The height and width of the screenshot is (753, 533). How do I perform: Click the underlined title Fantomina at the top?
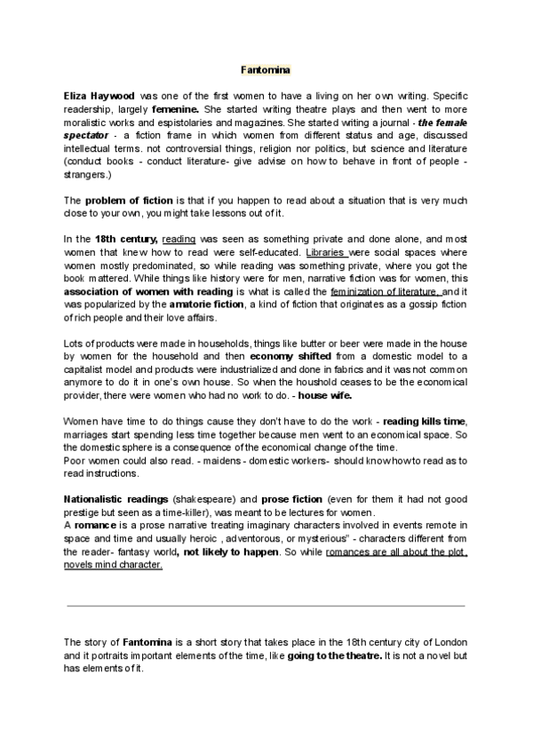pos(266,68)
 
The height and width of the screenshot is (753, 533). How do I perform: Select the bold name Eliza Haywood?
pos(99,93)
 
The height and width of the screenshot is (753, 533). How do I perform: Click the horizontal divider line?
pos(266,606)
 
